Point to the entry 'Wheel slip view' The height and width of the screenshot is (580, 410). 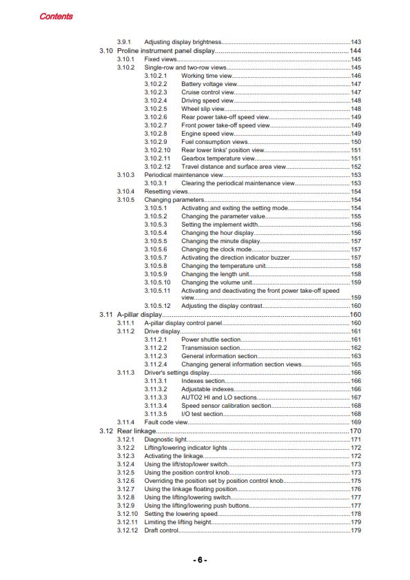coord(203,109)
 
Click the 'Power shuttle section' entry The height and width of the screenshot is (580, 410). coord(211,340)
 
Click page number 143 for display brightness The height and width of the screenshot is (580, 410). coord(356,43)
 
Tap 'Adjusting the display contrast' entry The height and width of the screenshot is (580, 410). coord(223,306)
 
